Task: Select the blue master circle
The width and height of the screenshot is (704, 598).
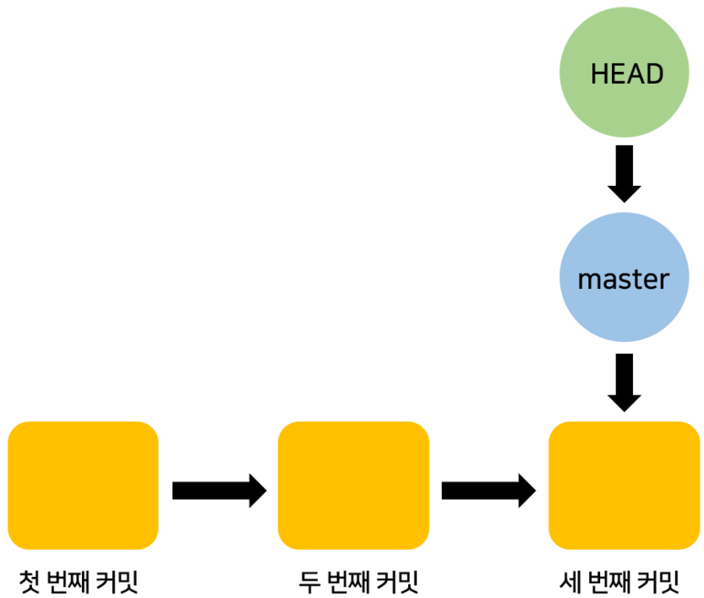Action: click(x=624, y=278)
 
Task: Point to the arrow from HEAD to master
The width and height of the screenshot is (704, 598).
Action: click(x=624, y=172)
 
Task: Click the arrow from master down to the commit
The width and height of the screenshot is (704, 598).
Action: click(x=624, y=382)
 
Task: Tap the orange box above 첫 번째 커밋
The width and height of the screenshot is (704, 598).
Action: click(x=83, y=485)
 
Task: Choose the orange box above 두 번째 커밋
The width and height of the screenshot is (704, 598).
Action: click(x=353, y=485)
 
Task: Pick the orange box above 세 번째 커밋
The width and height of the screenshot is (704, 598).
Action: click(x=624, y=485)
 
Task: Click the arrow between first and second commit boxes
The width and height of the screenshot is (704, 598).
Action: click(x=219, y=490)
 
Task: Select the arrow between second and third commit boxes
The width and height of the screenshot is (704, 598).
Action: click(x=488, y=490)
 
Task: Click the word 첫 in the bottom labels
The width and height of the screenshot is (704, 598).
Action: click(x=30, y=580)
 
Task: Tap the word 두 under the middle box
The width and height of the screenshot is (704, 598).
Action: click(x=308, y=580)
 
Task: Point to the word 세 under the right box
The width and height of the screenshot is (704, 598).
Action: click(x=573, y=580)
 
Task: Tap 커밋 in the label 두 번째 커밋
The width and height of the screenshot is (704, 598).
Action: click(x=395, y=580)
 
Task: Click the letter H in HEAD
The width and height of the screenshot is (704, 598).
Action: click(x=598, y=74)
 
